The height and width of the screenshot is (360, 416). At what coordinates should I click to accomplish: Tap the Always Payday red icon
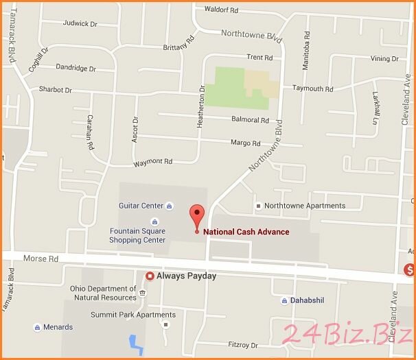click(x=150, y=276)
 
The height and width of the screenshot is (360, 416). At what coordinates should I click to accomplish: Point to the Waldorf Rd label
click(x=221, y=10)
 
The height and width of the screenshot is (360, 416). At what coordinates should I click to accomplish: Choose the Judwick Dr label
click(x=80, y=23)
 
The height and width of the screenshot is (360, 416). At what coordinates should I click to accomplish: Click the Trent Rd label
click(x=259, y=58)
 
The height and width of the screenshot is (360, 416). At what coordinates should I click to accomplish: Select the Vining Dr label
click(x=384, y=59)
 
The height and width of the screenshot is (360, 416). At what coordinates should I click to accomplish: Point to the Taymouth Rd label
click(x=312, y=89)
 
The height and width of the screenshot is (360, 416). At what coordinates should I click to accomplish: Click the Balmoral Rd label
click(x=250, y=120)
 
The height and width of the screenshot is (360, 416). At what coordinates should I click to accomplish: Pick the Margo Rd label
click(x=245, y=143)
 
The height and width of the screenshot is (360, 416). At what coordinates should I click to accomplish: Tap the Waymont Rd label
click(x=152, y=162)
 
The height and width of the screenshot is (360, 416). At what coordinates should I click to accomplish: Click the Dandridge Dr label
click(x=76, y=69)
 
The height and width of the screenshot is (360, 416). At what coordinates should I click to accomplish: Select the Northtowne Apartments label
click(x=305, y=206)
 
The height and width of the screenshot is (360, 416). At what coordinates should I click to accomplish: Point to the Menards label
click(x=58, y=327)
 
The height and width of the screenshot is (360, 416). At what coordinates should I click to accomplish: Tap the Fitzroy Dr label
click(x=242, y=345)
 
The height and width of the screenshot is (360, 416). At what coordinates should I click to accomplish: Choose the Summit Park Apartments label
click(x=133, y=315)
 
